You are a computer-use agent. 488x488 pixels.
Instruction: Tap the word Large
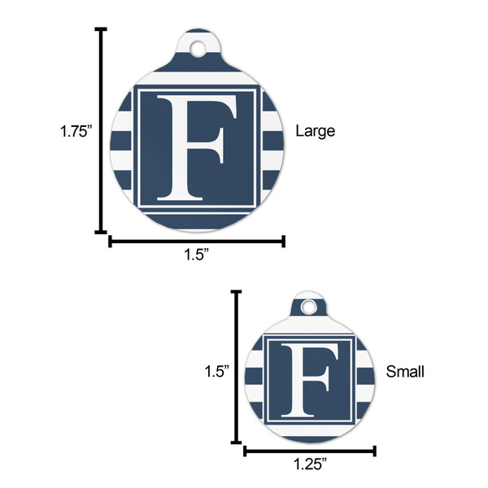click(315, 130)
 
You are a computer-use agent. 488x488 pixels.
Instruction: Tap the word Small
click(404, 372)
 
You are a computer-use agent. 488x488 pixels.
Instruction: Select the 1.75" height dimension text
click(76, 130)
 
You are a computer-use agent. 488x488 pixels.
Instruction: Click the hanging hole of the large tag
click(198, 50)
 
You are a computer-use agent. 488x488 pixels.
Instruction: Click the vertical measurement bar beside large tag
click(102, 130)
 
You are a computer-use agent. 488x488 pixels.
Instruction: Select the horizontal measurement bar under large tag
click(197, 241)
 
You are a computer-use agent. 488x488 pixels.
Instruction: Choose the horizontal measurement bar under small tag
click(309, 450)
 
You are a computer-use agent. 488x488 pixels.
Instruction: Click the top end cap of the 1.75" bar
click(102, 30)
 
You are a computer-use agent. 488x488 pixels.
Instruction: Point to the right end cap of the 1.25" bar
click(375, 450)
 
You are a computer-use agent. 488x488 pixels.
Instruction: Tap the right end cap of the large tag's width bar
click(284, 241)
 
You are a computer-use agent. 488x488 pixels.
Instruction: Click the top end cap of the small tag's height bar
click(237, 292)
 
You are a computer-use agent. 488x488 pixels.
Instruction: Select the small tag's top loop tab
click(308, 299)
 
